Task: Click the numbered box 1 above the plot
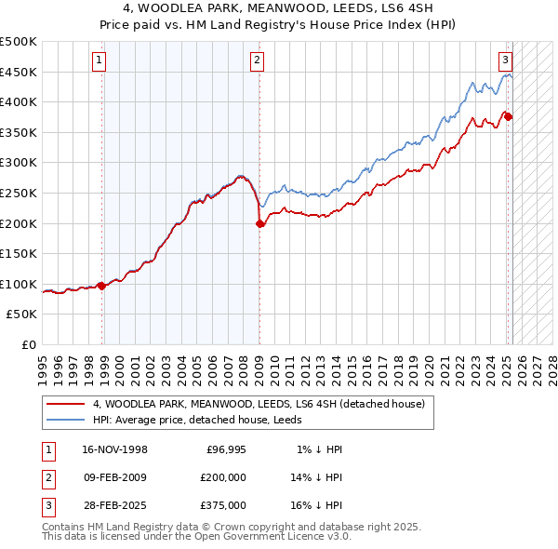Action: coord(98,61)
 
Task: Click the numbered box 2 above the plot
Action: coord(257,61)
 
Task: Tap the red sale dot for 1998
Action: coord(101,286)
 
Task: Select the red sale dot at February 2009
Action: coord(259,223)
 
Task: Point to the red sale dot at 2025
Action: coord(508,116)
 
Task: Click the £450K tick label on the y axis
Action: coord(19,72)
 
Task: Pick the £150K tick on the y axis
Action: coord(19,253)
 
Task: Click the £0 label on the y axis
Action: coord(28,344)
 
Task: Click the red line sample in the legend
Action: coord(66,404)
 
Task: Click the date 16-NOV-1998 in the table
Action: coord(113,449)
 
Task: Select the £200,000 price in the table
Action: coord(223,477)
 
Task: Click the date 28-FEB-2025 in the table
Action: coord(113,505)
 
